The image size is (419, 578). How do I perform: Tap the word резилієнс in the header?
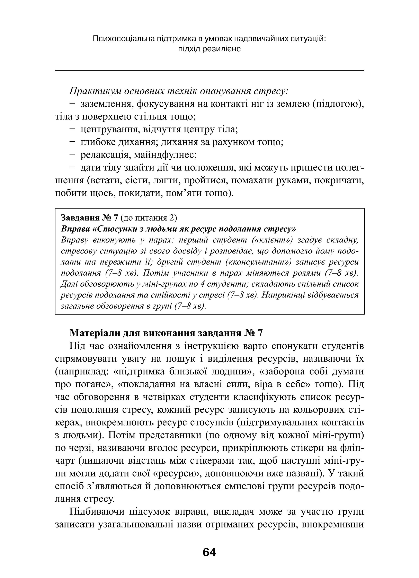(x=222, y=49)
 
